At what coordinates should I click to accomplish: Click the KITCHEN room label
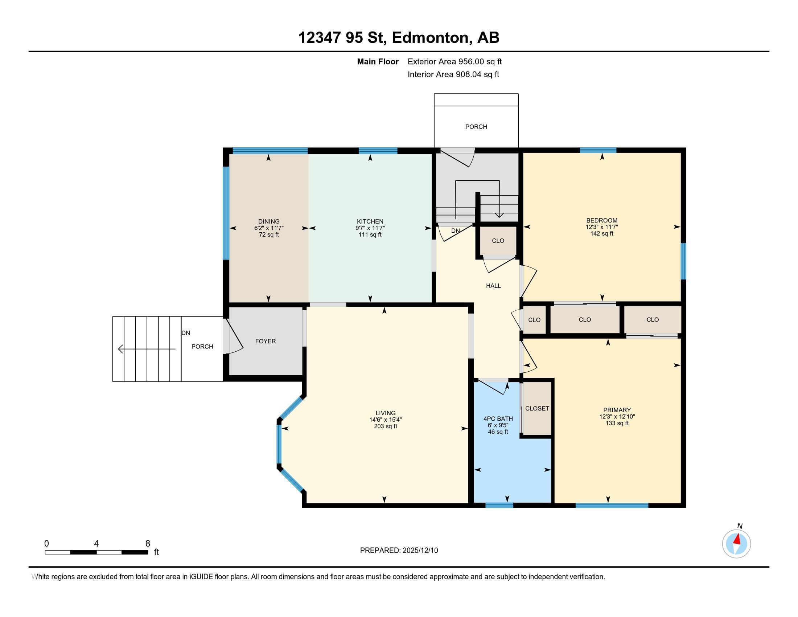(370, 221)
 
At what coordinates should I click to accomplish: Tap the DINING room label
(268, 221)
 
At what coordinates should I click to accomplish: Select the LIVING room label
(386, 413)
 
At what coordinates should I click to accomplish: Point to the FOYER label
(265, 341)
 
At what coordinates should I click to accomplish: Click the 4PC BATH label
(498, 418)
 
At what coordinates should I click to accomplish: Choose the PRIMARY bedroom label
(617, 410)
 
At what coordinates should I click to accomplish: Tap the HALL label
(493, 286)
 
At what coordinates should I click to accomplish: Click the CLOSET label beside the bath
(537, 408)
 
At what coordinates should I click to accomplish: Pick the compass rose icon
(736, 544)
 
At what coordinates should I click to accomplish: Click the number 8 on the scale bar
(148, 544)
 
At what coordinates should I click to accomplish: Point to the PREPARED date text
(399, 551)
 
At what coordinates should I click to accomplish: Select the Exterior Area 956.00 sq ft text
(454, 61)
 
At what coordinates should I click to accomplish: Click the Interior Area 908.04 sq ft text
(453, 74)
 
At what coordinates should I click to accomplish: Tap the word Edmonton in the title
(431, 38)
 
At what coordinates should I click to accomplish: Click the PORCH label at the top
(476, 126)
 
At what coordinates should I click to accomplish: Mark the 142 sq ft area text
(601, 233)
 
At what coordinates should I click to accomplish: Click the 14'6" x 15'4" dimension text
(386, 420)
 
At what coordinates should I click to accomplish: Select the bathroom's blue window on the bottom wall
(499, 506)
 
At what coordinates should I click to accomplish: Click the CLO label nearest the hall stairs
(498, 241)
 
